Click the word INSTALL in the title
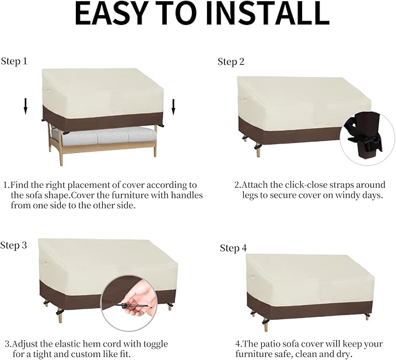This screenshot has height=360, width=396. point(268,14)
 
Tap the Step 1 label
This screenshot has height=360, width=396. point(14,61)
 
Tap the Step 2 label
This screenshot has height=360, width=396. point(231,62)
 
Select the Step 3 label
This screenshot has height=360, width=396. point(13,245)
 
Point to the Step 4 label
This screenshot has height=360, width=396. point(233,248)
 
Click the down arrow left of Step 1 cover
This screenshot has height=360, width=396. point(25,106)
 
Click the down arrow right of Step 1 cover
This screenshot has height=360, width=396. point(173,107)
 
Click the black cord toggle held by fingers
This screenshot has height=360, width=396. point(124,306)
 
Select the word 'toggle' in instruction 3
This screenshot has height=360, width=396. point(156,344)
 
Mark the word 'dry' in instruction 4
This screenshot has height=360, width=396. point(345,354)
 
